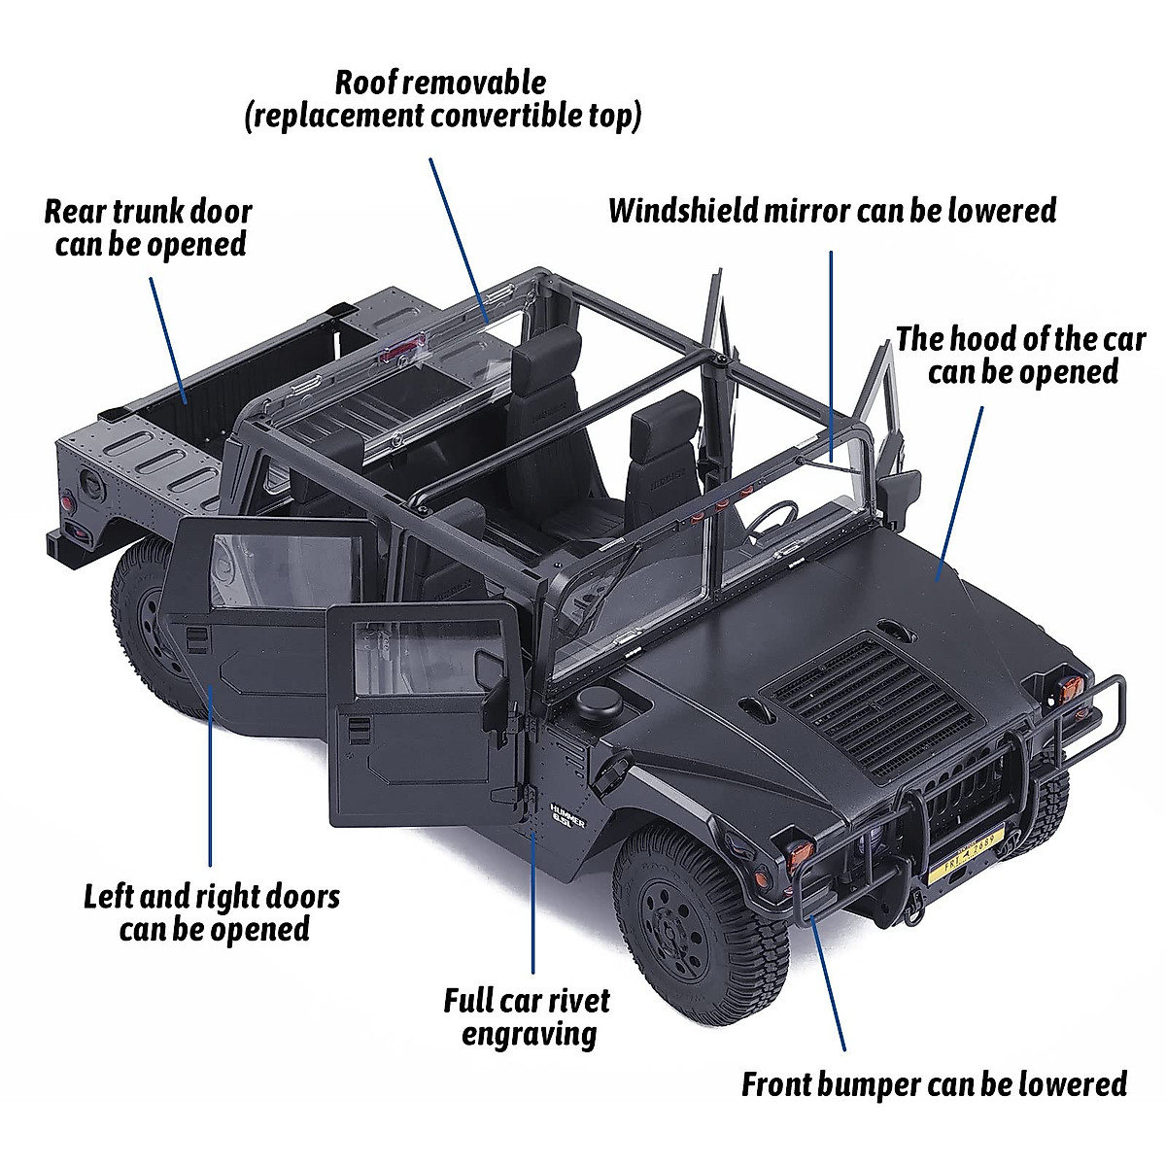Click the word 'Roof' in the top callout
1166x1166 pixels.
(x=365, y=83)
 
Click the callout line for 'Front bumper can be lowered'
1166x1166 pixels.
(x=828, y=981)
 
